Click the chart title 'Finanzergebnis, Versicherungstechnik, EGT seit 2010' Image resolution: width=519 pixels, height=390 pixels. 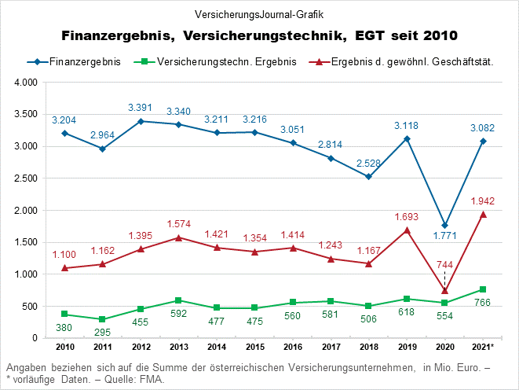[259, 36]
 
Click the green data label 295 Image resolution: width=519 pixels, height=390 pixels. [102, 333]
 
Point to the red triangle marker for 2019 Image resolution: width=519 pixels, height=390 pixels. [407, 230]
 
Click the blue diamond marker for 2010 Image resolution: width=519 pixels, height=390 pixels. [64, 133]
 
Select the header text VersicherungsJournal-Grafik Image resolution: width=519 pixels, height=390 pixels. [259, 14]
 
